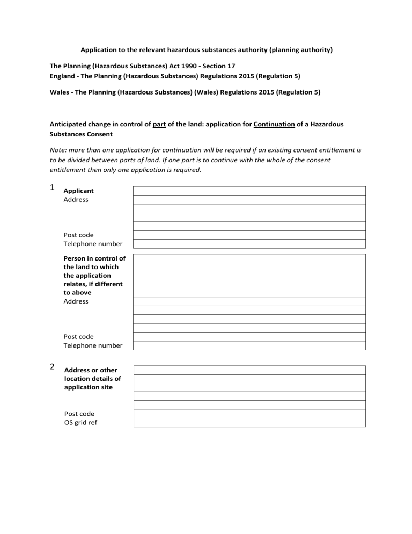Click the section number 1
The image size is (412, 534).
coord(52,187)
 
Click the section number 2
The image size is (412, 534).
coord(52,367)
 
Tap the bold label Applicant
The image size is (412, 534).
coord(78,191)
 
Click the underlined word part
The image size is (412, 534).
coord(158,124)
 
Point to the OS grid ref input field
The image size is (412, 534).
coord(249,423)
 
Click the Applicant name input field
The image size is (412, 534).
coord(249,191)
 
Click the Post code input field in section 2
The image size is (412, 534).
coord(249,414)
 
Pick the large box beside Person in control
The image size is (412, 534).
coord(249,275)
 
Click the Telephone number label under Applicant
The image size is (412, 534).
coord(93,244)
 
